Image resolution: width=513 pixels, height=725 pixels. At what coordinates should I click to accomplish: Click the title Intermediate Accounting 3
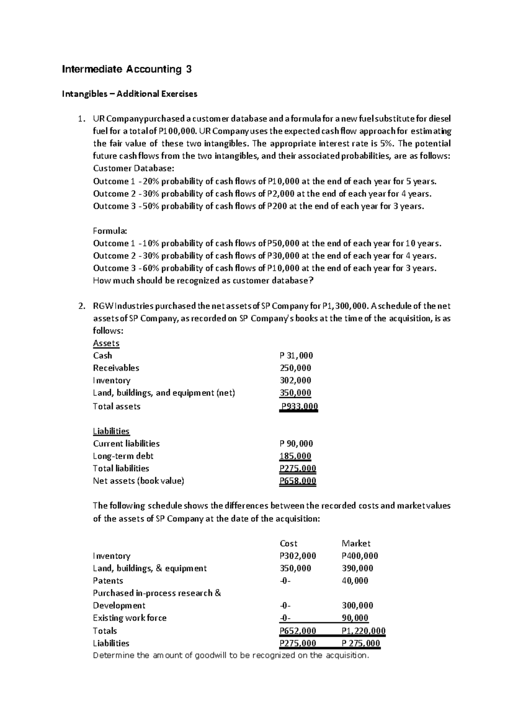(x=127, y=69)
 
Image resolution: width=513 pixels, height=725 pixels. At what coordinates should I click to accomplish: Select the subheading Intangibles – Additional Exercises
(x=130, y=94)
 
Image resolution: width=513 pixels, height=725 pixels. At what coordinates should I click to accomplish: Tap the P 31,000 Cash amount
(x=296, y=356)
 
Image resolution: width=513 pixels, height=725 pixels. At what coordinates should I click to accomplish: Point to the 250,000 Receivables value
(x=295, y=368)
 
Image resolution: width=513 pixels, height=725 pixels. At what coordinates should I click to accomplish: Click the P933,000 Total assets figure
(x=298, y=407)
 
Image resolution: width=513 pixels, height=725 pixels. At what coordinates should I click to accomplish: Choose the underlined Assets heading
(x=106, y=343)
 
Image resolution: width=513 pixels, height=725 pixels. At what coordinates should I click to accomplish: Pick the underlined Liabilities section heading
(x=111, y=431)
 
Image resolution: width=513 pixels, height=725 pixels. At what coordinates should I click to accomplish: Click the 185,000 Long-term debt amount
(x=295, y=456)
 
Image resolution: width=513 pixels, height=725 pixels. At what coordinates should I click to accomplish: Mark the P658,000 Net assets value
(x=298, y=481)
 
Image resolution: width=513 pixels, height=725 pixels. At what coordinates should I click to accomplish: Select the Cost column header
(x=288, y=544)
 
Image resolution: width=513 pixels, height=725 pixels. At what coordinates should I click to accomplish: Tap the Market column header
(x=356, y=544)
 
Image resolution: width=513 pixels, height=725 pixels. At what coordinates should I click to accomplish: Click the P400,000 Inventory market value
(x=360, y=556)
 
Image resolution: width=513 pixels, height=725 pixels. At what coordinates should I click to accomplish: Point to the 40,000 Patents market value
(x=355, y=581)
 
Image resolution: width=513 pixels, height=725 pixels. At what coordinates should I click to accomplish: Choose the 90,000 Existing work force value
(x=355, y=618)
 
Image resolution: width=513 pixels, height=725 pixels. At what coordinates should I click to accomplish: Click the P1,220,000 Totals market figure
(x=364, y=631)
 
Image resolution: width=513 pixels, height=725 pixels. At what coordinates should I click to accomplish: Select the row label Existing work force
(x=130, y=618)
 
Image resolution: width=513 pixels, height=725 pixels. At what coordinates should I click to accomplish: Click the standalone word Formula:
(x=110, y=231)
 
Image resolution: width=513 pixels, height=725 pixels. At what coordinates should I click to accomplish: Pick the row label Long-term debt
(x=123, y=456)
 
